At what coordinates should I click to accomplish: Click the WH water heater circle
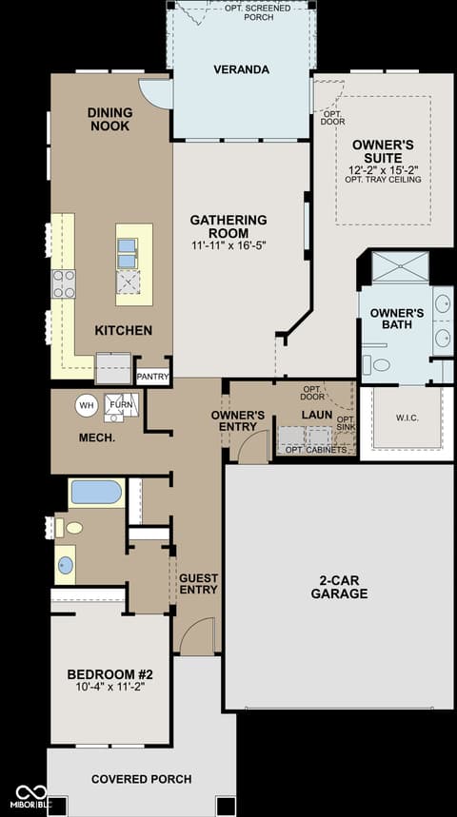click(87, 405)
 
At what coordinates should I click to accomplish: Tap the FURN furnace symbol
click(122, 406)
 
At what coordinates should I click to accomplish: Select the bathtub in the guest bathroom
click(96, 492)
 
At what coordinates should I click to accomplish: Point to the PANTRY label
click(152, 377)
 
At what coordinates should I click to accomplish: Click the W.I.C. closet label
click(407, 418)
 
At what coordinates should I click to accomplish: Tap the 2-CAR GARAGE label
click(339, 587)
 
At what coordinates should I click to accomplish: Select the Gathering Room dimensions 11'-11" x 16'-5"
click(228, 245)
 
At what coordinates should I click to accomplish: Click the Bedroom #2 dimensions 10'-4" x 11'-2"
click(109, 687)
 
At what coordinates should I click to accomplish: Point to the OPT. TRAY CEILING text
click(384, 180)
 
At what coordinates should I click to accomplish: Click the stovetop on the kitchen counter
click(64, 284)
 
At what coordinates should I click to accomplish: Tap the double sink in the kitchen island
click(128, 253)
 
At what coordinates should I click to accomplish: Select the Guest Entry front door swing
click(197, 635)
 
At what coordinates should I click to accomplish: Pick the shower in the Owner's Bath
click(400, 266)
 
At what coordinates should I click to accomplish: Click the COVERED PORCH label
click(141, 780)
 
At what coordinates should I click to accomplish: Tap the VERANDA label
click(242, 69)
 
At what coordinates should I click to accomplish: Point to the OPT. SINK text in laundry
click(346, 423)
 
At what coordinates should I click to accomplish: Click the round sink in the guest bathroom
click(65, 565)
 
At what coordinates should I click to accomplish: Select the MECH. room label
click(97, 438)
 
